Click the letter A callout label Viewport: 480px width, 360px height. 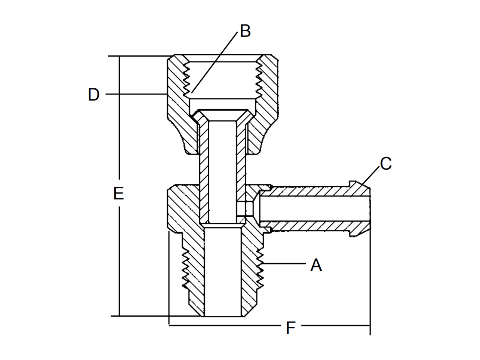[x=316, y=265]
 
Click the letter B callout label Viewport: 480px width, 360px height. [x=245, y=31]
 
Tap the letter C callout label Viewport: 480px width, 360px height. [x=386, y=164]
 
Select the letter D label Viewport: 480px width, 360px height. [x=94, y=95]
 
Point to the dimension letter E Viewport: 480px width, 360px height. [x=119, y=193]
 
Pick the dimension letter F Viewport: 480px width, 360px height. [x=290, y=328]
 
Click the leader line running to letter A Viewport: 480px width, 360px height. [x=285, y=263]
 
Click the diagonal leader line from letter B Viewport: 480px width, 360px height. [x=214, y=62]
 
